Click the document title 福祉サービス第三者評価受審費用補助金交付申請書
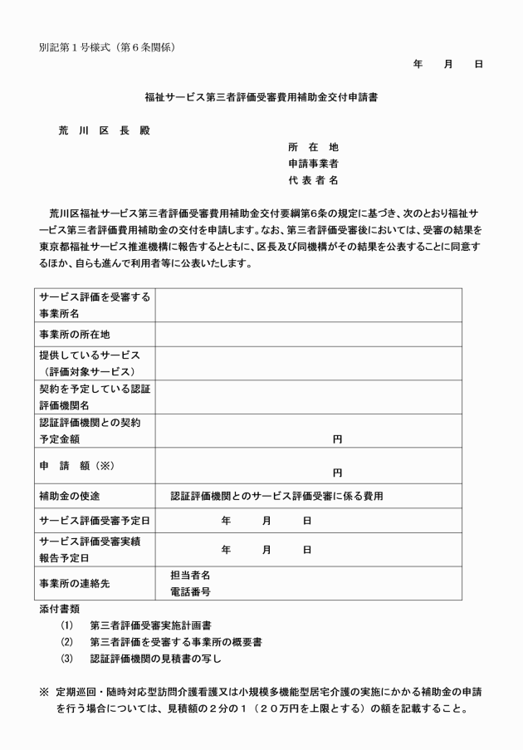pyautogui.click(x=261, y=97)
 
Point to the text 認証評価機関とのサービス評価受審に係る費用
pyautogui.click(x=276, y=496)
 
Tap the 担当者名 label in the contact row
pyautogui.click(x=190, y=575)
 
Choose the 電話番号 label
pyautogui.click(x=190, y=592)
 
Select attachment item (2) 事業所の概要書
pyautogui.click(x=175, y=642)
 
